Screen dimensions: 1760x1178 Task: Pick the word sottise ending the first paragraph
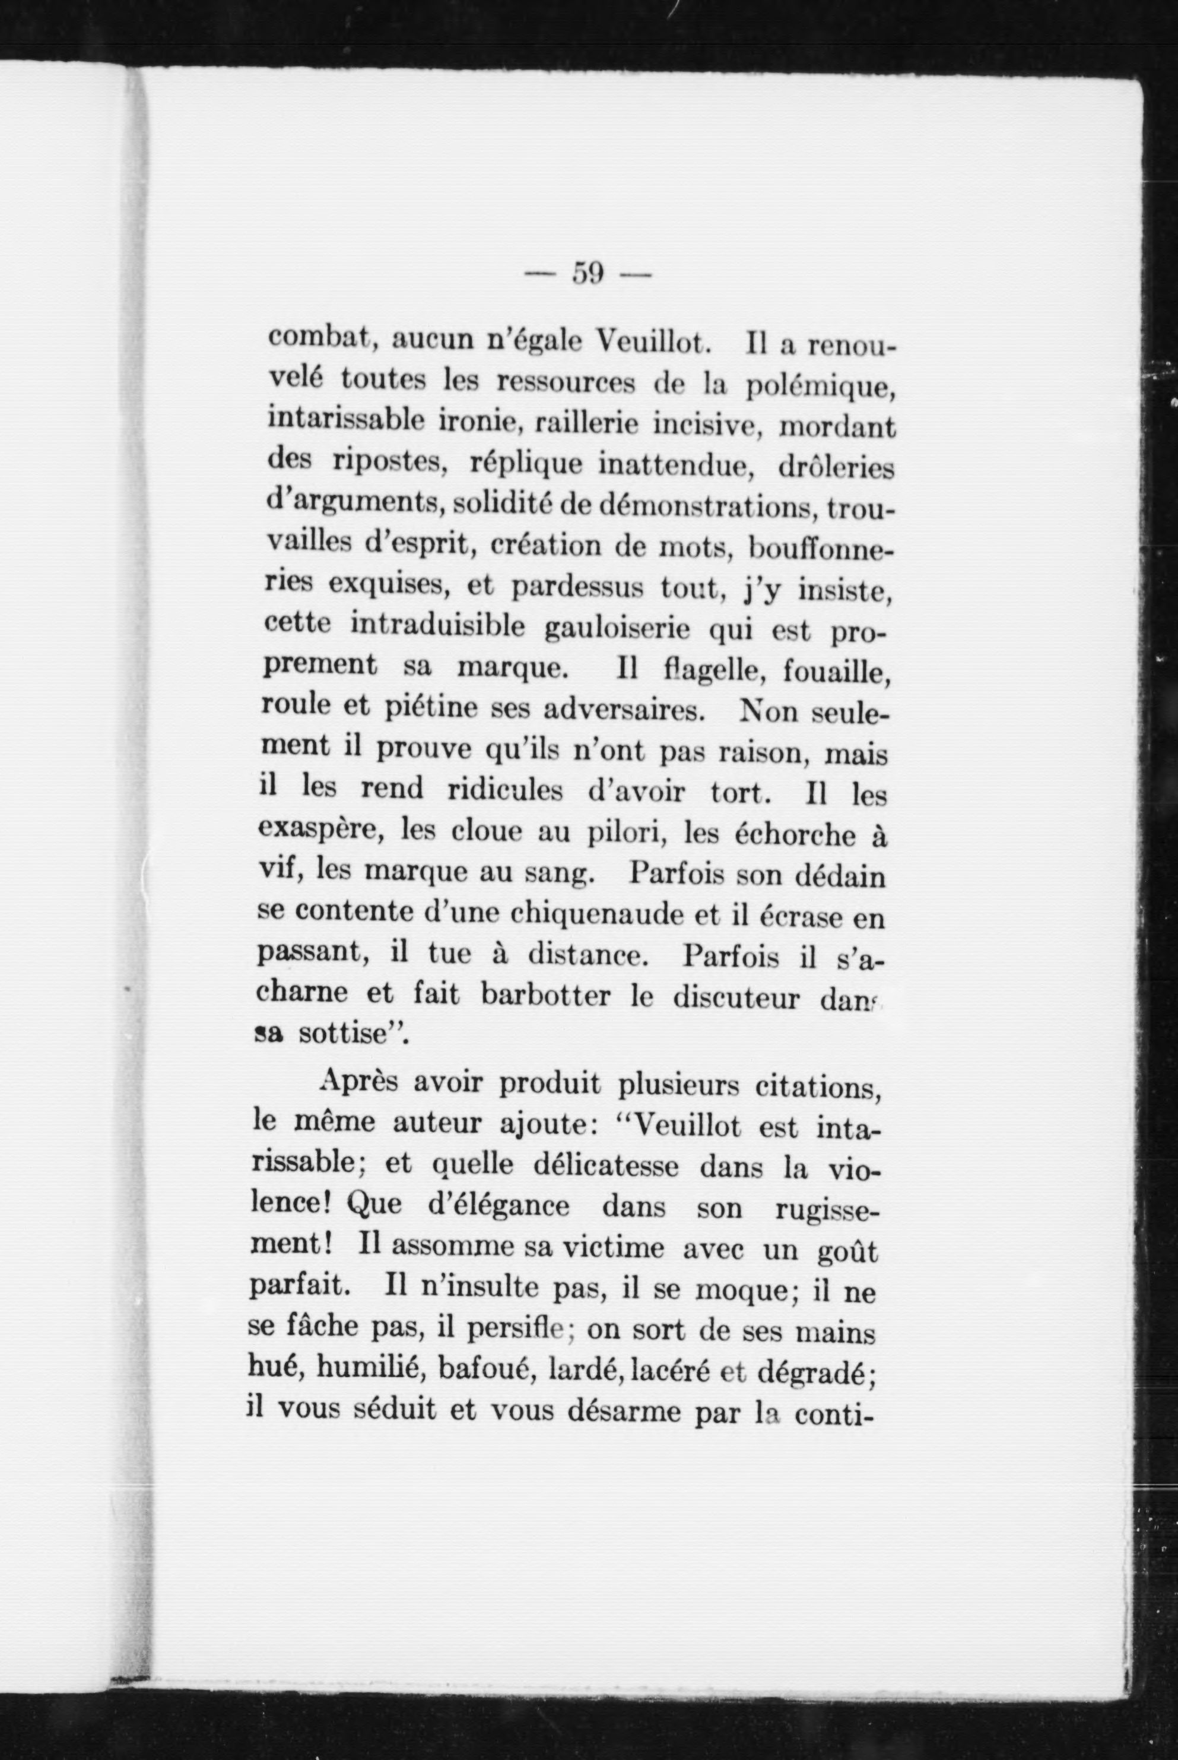tap(344, 1036)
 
